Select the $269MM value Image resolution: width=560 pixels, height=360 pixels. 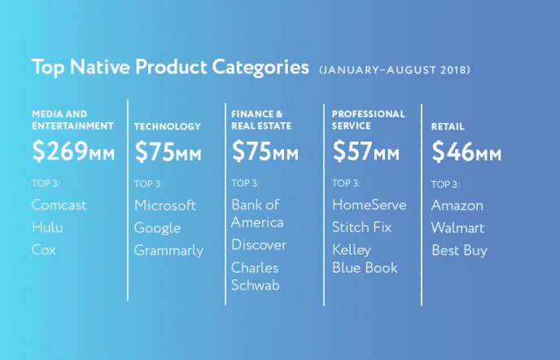click(x=73, y=151)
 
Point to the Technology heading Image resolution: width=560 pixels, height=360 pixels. click(x=167, y=126)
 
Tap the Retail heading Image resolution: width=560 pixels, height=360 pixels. click(x=448, y=126)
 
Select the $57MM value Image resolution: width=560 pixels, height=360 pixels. click(x=366, y=151)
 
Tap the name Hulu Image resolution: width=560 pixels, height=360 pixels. click(x=47, y=228)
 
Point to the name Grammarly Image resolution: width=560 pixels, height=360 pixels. click(x=168, y=250)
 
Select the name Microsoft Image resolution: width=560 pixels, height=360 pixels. click(x=165, y=205)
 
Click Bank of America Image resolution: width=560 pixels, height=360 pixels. click(x=258, y=213)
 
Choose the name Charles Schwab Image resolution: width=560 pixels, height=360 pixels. click(x=256, y=276)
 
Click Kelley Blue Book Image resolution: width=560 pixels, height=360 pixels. click(x=365, y=258)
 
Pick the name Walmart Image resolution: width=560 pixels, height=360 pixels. click(x=457, y=228)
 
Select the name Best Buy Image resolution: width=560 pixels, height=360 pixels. click(x=459, y=250)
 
